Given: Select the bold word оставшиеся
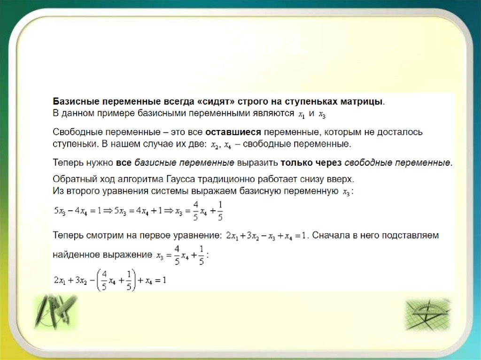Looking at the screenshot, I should (x=229, y=132).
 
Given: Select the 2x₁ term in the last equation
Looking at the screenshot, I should (x=59, y=281).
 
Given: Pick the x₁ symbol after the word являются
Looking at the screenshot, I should (x=302, y=114).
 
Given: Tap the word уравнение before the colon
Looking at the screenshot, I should (x=200, y=234).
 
